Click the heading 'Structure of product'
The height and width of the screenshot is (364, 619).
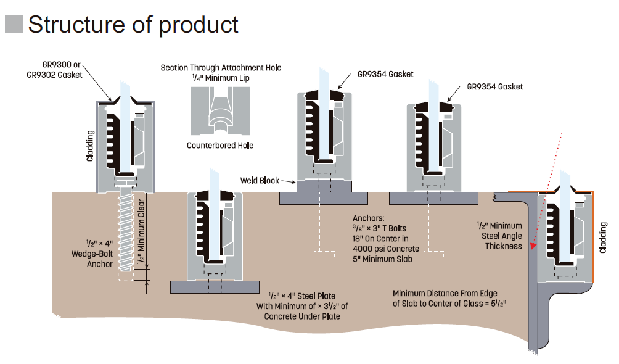133,25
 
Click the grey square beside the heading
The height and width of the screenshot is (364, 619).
14,25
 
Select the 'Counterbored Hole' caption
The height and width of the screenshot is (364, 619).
220,146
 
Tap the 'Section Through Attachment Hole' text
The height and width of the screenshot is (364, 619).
221,67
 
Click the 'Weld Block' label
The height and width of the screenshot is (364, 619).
259,181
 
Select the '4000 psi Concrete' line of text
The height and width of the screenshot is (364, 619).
385,249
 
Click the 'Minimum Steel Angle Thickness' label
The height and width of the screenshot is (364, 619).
499,236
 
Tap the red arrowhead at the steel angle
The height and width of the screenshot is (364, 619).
533,246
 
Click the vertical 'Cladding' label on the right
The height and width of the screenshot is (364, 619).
603,238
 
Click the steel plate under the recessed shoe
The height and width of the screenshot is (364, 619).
215,287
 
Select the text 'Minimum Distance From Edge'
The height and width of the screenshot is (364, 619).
445,293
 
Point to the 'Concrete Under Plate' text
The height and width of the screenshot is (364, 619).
302,316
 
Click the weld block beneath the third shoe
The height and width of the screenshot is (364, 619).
324,184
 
